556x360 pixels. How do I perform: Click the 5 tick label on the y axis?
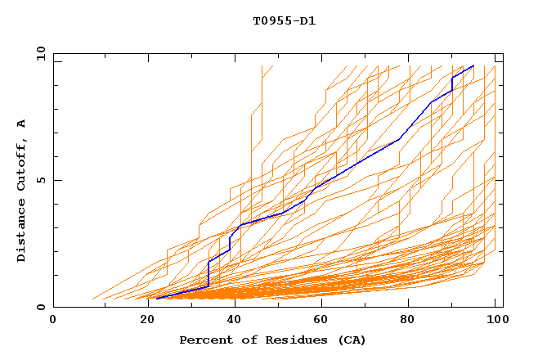point(40,180)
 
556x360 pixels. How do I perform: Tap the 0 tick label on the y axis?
point(40,307)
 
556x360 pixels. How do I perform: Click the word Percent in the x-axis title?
point(203,340)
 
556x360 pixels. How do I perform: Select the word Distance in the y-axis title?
point(21,232)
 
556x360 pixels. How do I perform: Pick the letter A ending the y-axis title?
point(21,123)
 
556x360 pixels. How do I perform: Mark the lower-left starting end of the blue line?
point(156,299)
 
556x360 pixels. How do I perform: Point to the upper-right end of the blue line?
point(473,65)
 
